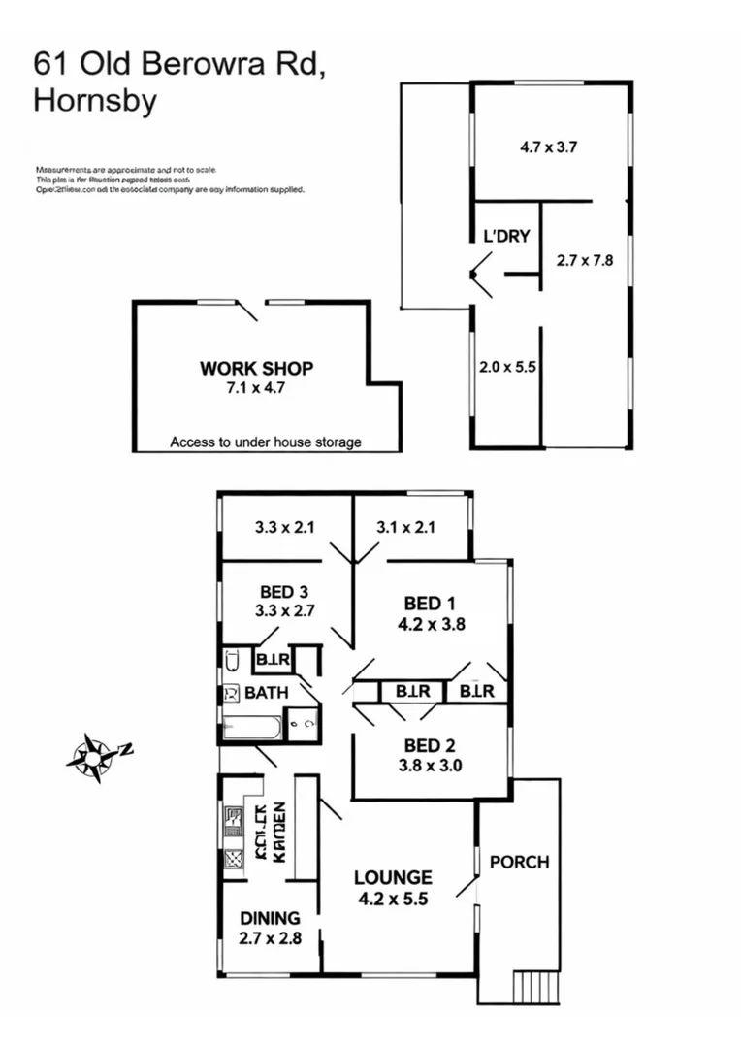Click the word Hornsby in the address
coord(95,101)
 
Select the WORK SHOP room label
coord(256,368)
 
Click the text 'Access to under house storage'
coord(266,442)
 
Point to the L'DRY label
coord(506,236)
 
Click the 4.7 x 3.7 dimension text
coord(550,147)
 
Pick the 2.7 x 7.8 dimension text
coord(585,260)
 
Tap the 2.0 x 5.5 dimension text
coord(505,368)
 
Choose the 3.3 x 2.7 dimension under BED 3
coord(285,610)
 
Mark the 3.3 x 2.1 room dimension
coord(285,528)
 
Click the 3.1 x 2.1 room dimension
coord(405,528)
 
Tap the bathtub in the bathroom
coord(251,727)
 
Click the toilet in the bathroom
coord(232,662)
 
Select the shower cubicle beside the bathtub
coord(303,724)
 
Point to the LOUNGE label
coord(392,877)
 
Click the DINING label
coord(270,918)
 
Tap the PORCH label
coord(519,862)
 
